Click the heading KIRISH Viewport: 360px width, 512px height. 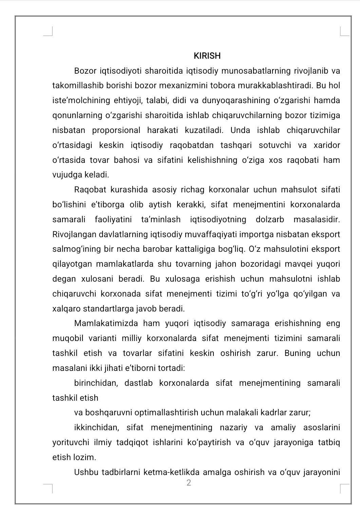[207, 56]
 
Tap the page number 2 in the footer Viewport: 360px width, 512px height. [189, 483]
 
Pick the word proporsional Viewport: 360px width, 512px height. [116, 130]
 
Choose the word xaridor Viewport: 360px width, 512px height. [327, 145]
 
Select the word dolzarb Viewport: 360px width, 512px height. [270, 220]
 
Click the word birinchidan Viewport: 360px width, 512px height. [96, 383]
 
